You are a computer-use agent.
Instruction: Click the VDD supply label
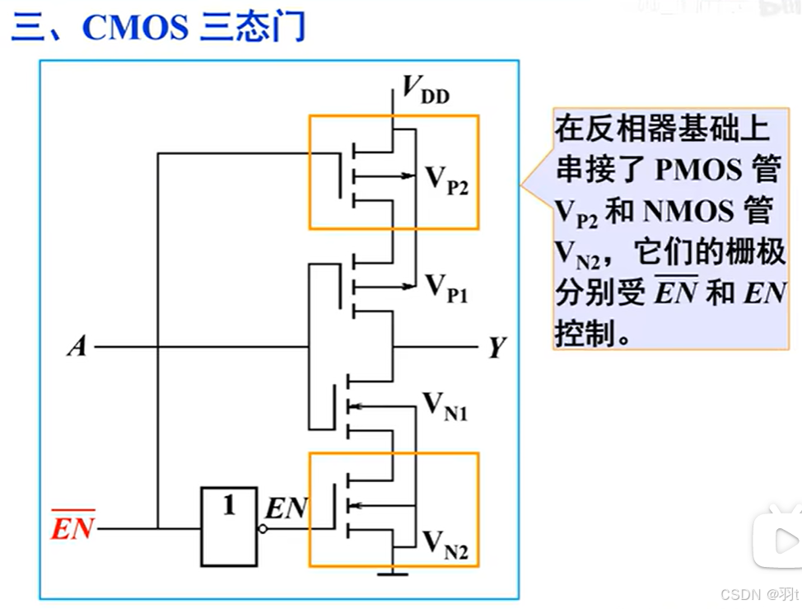click(426, 88)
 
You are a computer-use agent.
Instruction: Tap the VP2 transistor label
click(445, 179)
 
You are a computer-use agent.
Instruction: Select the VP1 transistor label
click(445, 289)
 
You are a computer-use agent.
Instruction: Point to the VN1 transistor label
click(445, 406)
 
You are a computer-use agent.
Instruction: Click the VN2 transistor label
click(445, 546)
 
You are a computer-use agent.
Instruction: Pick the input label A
click(77, 347)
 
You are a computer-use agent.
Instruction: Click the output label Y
click(496, 349)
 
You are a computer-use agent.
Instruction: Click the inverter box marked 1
click(229, 527)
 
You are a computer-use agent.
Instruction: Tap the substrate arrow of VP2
click(407, 175)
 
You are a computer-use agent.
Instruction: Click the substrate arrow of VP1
click(407, 286)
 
